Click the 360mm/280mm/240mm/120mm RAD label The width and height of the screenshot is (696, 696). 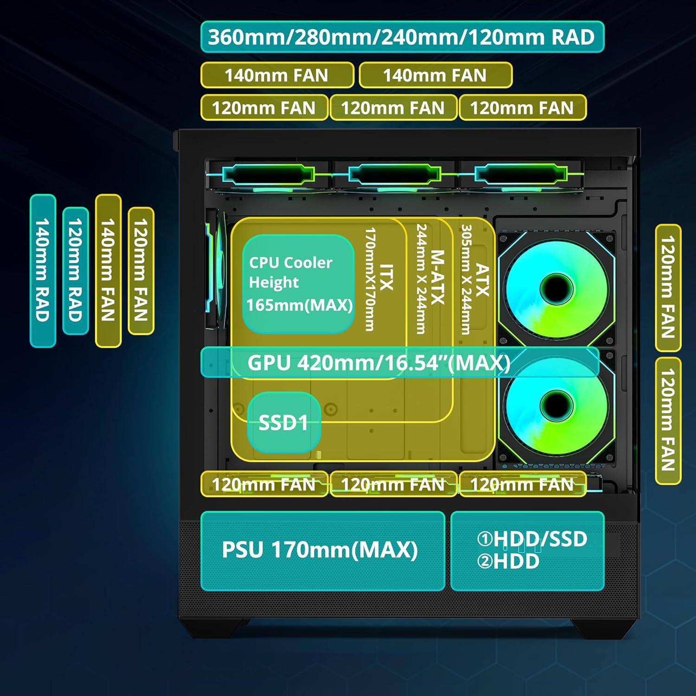(x=402, y=37)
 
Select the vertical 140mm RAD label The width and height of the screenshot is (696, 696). (x=43, y=271)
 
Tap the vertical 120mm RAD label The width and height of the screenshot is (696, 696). (x=75, y=271)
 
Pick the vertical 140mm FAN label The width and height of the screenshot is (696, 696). (x=108, y=271)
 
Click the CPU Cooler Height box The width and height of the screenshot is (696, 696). (x=298, y=284)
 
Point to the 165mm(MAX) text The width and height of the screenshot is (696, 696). (x=299, y=305)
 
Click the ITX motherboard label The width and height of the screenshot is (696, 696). (x=386, y=277)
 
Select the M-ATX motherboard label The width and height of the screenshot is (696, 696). (x=437, y=277)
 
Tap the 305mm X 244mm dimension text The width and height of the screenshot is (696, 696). (x=466, y=280)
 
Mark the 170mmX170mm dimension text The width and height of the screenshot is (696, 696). (x=370, y=279)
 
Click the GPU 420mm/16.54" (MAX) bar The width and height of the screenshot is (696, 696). (x=399, y=362)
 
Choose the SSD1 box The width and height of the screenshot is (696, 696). (x=284, y=423)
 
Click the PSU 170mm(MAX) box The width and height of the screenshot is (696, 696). (x=322, y=550)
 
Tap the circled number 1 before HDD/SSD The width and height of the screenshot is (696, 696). (x=485, y=539)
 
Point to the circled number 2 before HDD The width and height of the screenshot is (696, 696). (x=485, y=561)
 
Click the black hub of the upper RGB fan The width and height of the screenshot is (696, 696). (x=556, y=289)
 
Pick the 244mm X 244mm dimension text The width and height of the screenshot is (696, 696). (x=421, y=279)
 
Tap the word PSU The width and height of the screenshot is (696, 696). (x=243, y=550)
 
